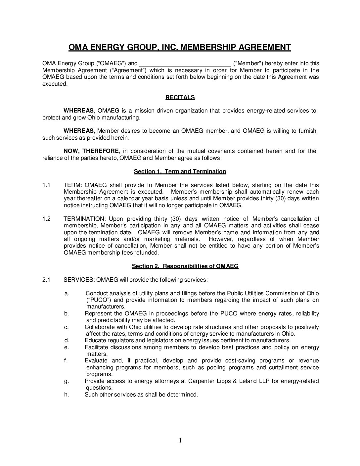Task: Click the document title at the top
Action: pos(180,47)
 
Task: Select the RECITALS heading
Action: pos(180,97)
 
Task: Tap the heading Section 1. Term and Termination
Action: pos(180,171)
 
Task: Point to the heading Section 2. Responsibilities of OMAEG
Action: pos(185,266)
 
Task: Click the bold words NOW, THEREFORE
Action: pos(91,151)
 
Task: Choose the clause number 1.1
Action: pos(46,185)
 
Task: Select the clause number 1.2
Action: pos(46,219)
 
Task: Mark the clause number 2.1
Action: pos(46,280)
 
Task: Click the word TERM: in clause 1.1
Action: pos(72,185)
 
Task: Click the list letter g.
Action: pos(67,381)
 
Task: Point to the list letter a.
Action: pos(67,293)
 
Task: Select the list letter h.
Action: pos(67,395)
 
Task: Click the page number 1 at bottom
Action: pos(180,440)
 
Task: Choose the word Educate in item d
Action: pos(95,341)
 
